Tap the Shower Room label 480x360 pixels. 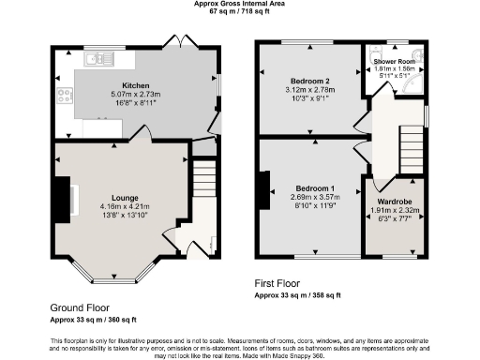click(x=395, y=60)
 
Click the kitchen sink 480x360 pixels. click(x=97, y=61)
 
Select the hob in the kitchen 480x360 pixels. click(x=66, y=94)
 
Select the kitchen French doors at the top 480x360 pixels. click(x=174, y=43)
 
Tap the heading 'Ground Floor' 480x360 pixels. click(x=79, y=307)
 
